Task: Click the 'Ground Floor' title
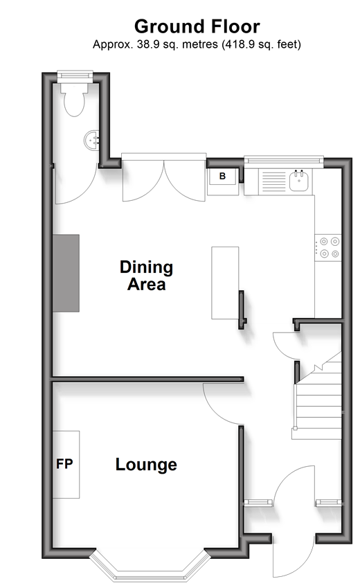tap(197, 26)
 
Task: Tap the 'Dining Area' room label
tap(146, 276)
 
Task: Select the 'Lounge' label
tap(146, 465)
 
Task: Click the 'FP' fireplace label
tap(64, 464)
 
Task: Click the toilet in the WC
tap(74, 99)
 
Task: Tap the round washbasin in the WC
tap(91, 141)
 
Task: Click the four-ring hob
tap(328, 248)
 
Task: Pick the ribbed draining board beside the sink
tap(273, 182)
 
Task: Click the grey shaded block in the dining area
tap(66, 274)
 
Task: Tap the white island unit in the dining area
tap(225, 283)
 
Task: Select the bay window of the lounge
tap(150, 567)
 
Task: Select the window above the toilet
tap(75, 75)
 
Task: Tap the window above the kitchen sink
tap(284, 160)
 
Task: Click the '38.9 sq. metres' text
tap(177, 44)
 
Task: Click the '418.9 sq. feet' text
tap(262, 44)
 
